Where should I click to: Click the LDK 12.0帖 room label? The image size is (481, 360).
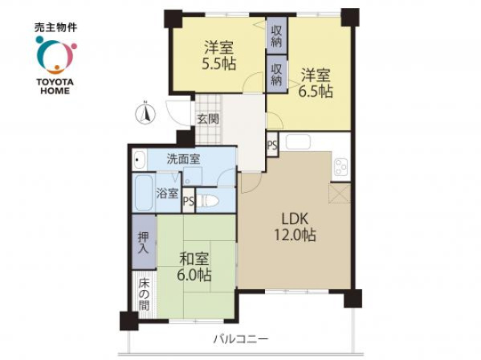tap(295, 227)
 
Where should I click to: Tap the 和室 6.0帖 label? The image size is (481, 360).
tap(194, 267)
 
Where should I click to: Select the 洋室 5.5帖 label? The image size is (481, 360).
tap(218, 56)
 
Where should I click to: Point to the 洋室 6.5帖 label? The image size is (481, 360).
tap(316, 84)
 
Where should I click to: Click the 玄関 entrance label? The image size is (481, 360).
tap(208, 119)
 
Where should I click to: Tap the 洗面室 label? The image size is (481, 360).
tap(183, 158)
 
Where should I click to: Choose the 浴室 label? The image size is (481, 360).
tap(168, 194)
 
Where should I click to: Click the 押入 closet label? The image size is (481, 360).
tap(143, 243)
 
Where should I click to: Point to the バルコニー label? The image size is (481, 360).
tap(241, 339)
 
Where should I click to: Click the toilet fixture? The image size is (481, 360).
tap(207, 202)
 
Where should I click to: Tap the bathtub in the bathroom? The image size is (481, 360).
tap(144, 192)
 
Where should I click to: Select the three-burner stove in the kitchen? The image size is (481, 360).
tap(341, 166)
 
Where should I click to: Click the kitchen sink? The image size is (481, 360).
tap(298, 141)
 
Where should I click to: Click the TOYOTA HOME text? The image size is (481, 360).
tap(55, 87)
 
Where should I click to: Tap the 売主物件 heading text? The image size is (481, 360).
tap(55, 28)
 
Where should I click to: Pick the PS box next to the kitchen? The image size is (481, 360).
tap(272, 145)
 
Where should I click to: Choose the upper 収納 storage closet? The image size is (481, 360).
tap(277, 35)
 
